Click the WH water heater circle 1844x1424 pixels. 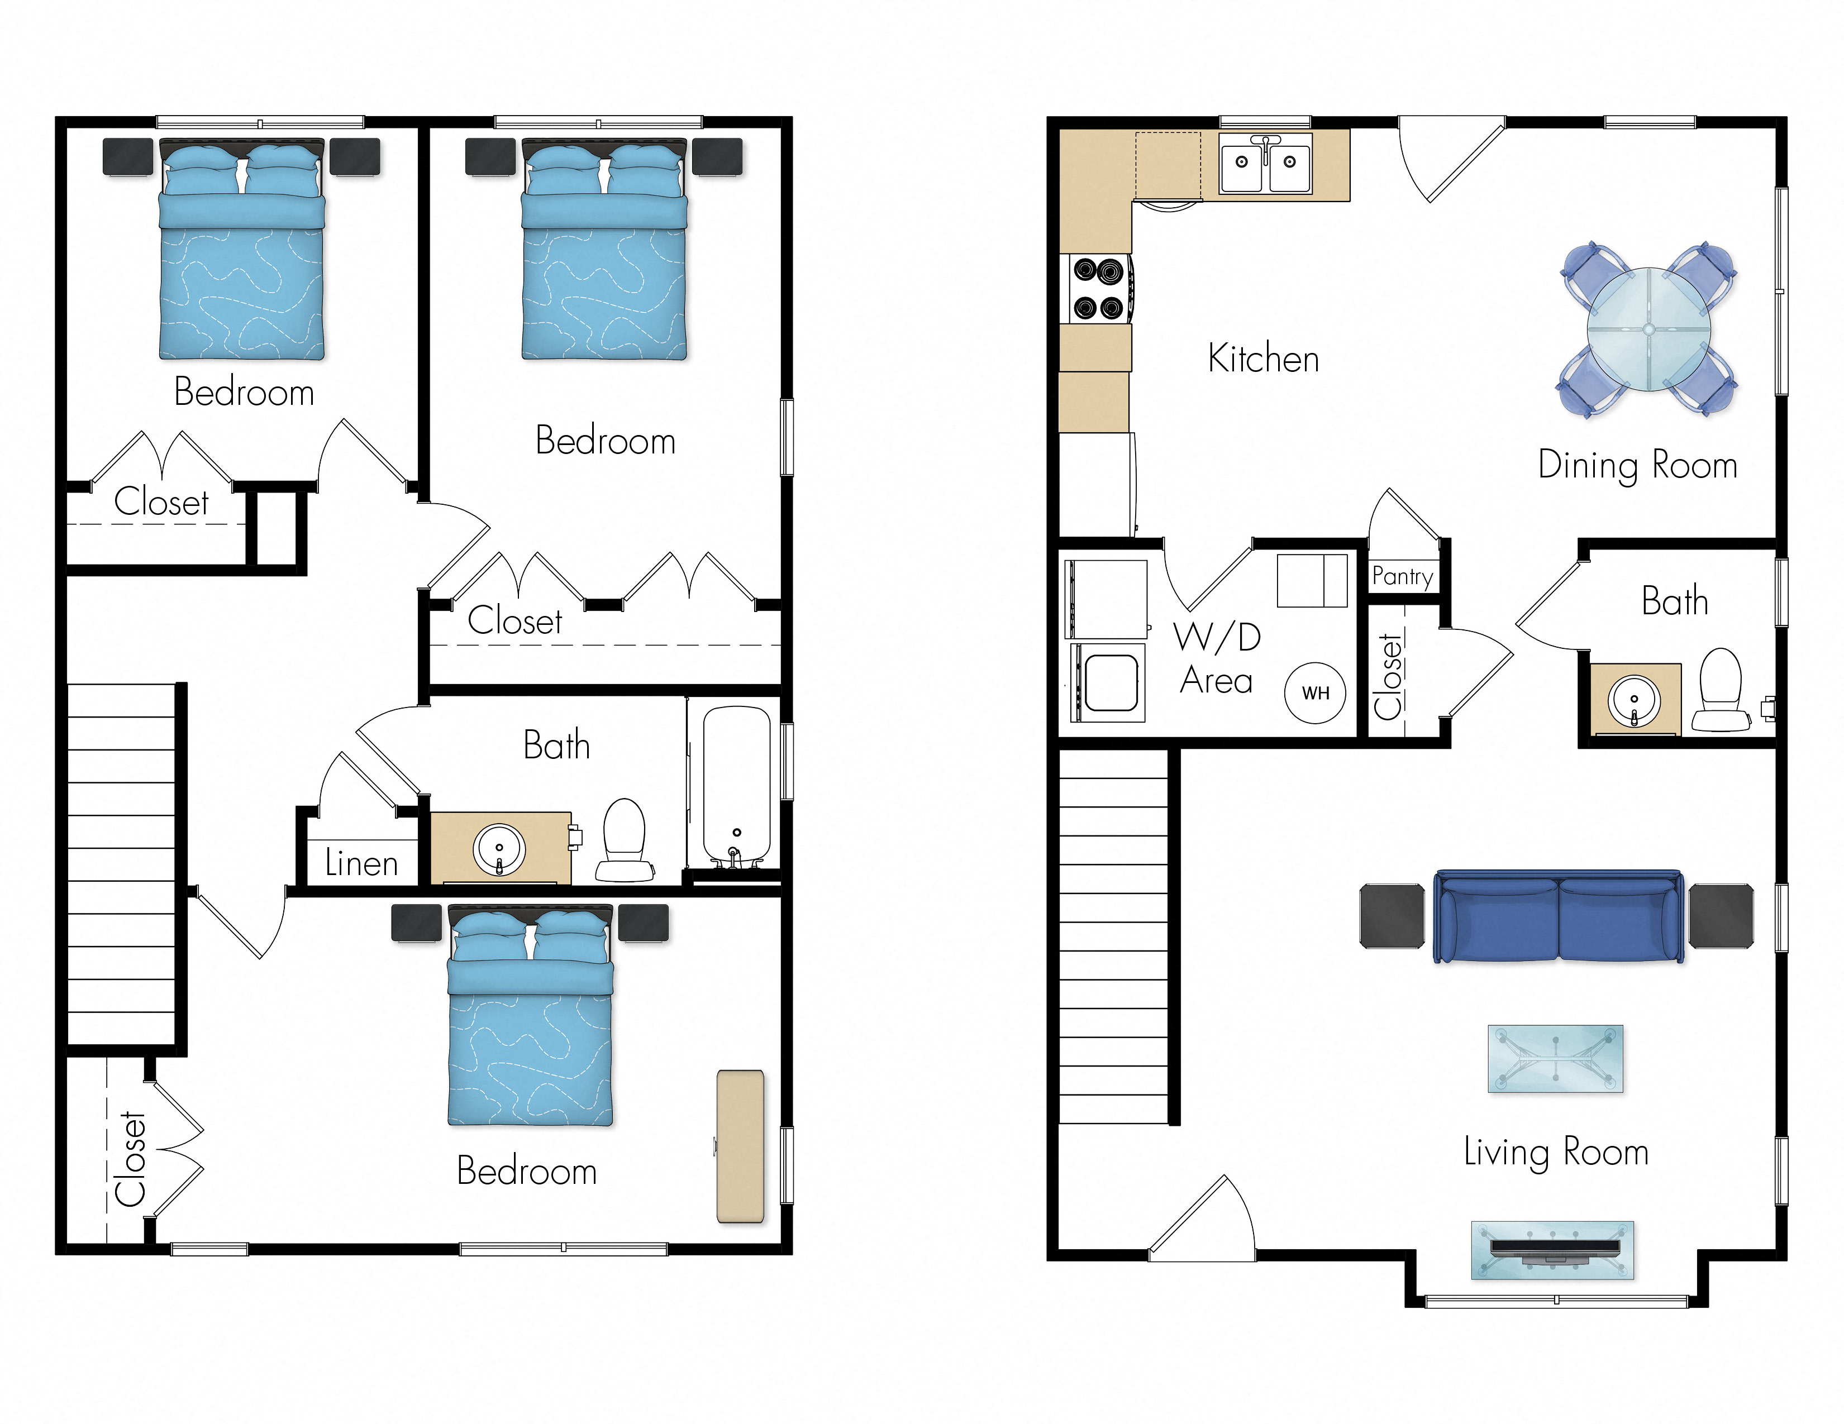[x=1314, y=693]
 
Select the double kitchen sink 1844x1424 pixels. [x=1265, y=161]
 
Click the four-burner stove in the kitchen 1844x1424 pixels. [x=1098, y=289]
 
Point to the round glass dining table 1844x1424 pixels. [x=1648, y=329]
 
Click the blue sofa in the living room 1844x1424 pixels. [x=1559, y=918]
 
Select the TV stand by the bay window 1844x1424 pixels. [x=1552, y=1250]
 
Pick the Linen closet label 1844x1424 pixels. [x=361, y=863]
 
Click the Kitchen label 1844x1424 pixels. [x=1263, y=359]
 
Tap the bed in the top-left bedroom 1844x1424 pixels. [x=241, y=253]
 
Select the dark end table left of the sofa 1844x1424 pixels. [x=1392, y=916]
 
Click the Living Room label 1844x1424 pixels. [x=1555, y=1152]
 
